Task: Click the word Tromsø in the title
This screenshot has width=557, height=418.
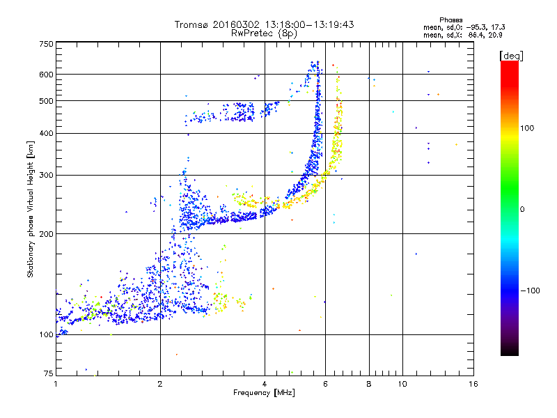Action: click(x=190, y=24)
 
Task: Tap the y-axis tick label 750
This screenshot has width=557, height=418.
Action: click(x=46, y=44)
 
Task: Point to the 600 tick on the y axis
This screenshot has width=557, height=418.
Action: click(x=46, y=74)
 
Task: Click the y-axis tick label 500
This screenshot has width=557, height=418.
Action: click(x=46, y=100)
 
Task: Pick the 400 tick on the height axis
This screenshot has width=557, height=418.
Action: click(x=46, y=133)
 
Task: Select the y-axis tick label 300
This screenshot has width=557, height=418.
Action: click(x=46, y=175)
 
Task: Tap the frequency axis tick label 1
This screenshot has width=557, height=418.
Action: click(x=56, y=384)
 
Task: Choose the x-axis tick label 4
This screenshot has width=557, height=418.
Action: click(x=265, y=384)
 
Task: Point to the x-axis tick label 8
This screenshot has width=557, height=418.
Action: click(x=369, y=384)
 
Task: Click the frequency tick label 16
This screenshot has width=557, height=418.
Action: click(x=473, y=384)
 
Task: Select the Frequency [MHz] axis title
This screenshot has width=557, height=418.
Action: click(x=265, y=394)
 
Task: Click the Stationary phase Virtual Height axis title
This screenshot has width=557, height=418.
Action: click(x=31, y=209)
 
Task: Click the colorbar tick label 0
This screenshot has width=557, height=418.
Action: click(x=524, y=209)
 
